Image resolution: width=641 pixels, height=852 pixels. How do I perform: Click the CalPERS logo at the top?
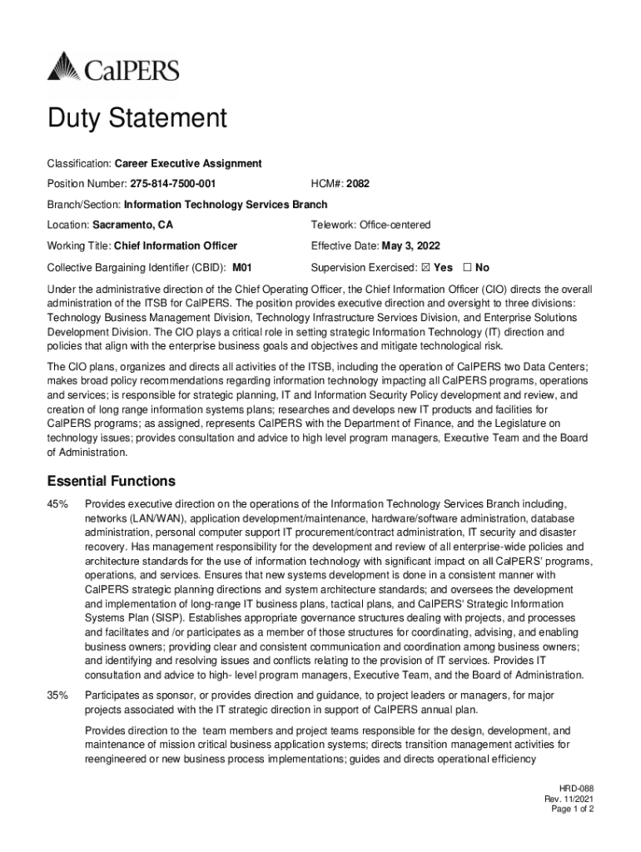[113, 67]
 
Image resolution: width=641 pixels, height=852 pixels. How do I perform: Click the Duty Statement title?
[137, 119]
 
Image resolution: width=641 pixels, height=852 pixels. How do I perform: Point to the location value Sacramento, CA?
[133, 225]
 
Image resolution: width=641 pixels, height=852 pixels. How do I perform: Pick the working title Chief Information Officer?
[176, 245]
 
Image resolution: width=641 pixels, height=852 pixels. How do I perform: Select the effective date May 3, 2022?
[410, 245]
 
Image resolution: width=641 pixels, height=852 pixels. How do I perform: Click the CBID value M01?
[241, 268]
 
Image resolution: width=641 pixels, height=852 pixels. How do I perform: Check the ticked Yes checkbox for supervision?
[425, 268]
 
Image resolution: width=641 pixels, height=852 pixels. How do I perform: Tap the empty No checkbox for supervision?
[467, 268]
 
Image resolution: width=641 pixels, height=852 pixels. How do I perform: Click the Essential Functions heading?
[111, 481]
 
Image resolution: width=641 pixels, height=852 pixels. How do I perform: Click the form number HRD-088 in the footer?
[576, 788]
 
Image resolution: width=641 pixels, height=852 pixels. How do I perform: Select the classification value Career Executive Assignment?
[188, 163]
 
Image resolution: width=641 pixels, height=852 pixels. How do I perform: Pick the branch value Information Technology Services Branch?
[226, 205]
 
